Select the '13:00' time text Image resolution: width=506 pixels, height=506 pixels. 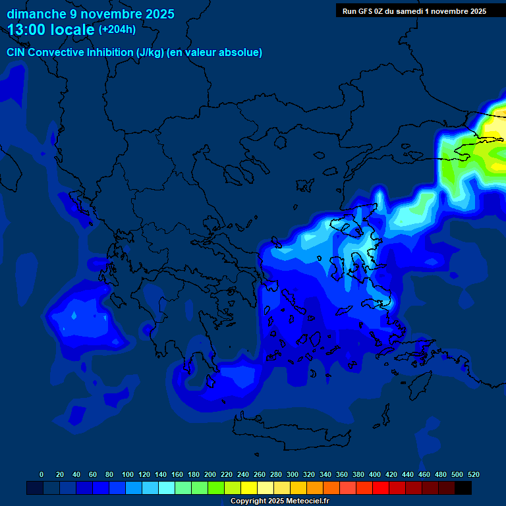[26, 29]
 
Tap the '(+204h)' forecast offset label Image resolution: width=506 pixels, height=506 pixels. [117, 29]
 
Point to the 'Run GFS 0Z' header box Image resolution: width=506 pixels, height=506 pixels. [414, 11]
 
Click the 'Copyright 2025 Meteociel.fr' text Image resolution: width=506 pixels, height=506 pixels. [279, 501]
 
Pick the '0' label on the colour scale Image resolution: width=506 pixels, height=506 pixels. [42, 474]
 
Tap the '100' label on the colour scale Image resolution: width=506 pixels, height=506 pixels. [128, 474]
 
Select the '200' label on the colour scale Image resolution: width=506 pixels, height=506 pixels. [210, 474]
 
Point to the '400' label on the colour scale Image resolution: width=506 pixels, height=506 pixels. [375, 474]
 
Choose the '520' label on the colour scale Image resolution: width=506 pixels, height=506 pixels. [473, 474]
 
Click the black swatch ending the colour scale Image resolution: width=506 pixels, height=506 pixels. [463, 488]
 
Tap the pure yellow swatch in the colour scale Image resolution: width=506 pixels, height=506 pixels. [248, 488]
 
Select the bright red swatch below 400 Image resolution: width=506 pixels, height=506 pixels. [380, 488]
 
